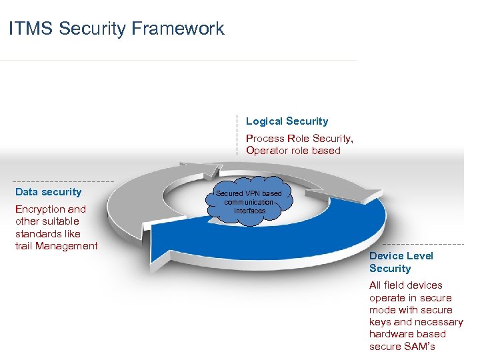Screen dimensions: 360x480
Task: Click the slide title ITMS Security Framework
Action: [x=117, y=29]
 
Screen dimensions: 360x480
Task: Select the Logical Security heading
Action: [x=287, y=121]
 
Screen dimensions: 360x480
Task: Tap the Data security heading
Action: [x=48, y=192]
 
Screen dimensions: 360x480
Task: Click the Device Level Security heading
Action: [x=401, y=262]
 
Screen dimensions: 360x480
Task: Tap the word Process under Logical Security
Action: [x=265, y=139]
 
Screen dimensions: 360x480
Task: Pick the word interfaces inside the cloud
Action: [x=249, y=211]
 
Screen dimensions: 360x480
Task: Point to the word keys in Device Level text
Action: [x=380, y=322]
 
